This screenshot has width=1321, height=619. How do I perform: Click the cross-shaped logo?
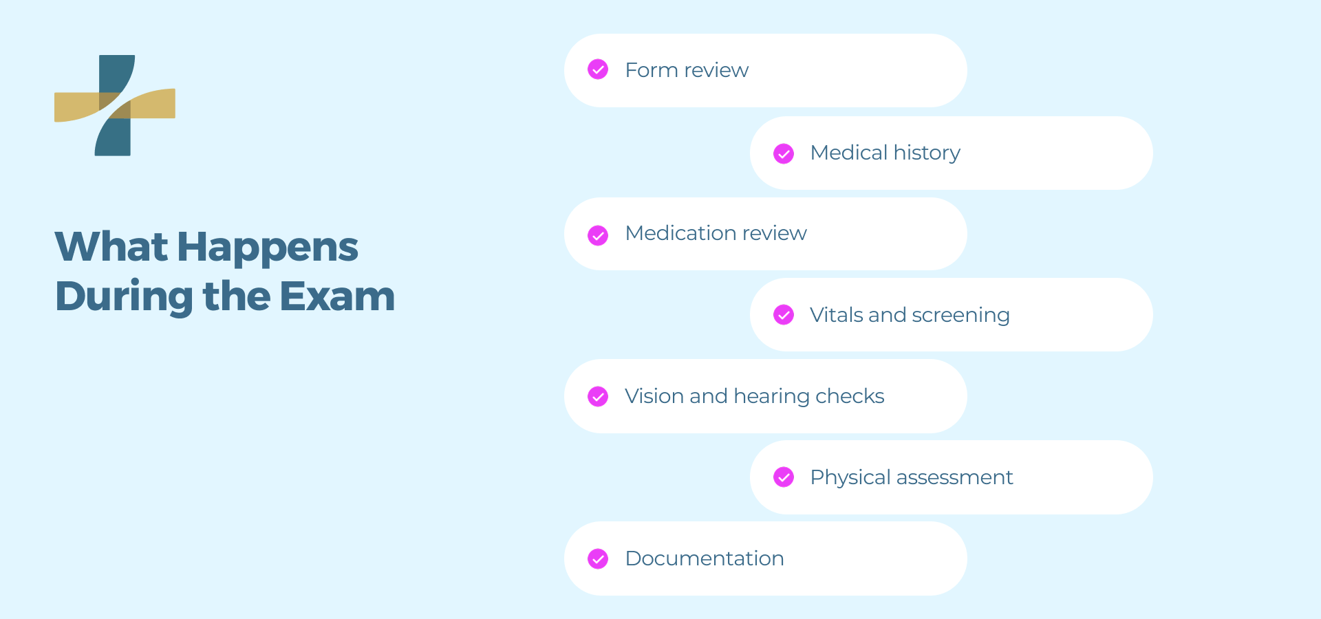click(114, 105)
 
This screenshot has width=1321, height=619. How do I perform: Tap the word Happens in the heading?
click(268, 248)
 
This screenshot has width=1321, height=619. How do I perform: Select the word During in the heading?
click(125, 297)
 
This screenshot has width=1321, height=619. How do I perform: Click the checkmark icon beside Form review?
click(598, 69)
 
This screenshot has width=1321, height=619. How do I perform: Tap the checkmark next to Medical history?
click(784, 153)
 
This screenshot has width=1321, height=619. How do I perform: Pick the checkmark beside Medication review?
click(598, 235)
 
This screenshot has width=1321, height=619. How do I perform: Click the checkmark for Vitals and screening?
click(784, 315)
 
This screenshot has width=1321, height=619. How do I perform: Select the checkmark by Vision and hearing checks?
click(598, 397)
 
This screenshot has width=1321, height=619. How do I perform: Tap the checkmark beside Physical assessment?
click(784, 477)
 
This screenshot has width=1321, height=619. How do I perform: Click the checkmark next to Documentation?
click(598, 559)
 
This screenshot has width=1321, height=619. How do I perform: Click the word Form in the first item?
click(652, 70)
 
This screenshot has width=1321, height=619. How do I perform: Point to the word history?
click(927, 153)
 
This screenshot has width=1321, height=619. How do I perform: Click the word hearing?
click(771, 397)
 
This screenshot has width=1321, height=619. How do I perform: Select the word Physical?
click(850, 478)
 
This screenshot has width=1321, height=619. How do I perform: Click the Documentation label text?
click(705, 558)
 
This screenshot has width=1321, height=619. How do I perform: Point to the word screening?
click(960, 316)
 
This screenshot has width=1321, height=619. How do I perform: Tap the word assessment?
click(954, 478)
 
